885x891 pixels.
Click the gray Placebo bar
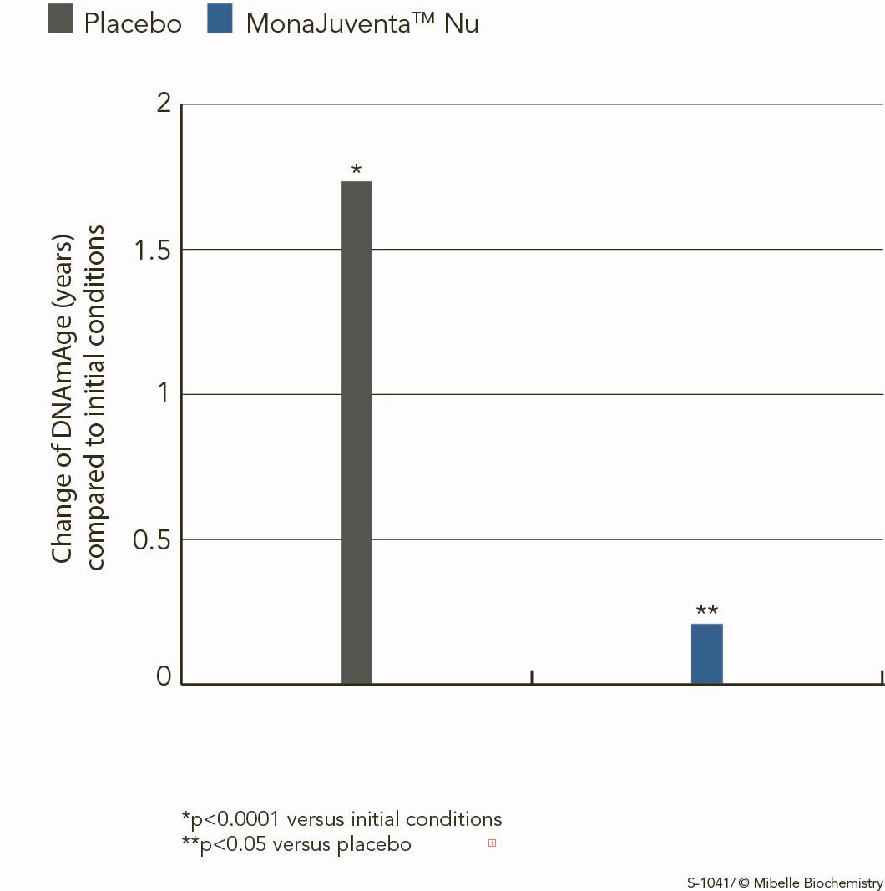(x=357, y=433)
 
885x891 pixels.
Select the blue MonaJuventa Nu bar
(x=707, y=654)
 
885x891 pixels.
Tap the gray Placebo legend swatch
(x=61, y=18)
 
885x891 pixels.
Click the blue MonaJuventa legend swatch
(x=220, y=18)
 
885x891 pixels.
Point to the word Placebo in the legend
(x=133, y=23)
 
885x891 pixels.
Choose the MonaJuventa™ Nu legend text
(x=362, y=23)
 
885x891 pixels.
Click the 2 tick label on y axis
(x=164, y=104)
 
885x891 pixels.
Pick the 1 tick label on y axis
(x=164, y=393)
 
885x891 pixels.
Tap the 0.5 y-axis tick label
(x=152, y=539)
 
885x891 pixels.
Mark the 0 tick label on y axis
(x=164, y=676)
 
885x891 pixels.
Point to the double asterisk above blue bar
(x=707, y=611)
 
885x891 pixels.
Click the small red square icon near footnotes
(x=492, y=843)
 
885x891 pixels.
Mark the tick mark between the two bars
(x=532, y=676)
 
